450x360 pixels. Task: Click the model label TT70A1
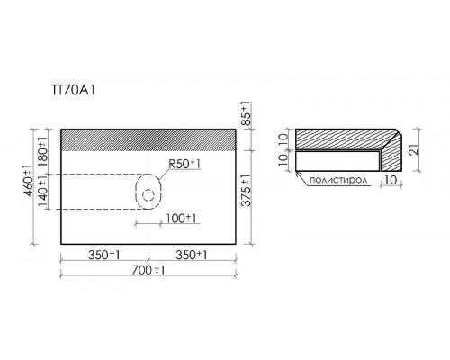[x=74, y=90]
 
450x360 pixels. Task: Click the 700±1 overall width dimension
[x=148, y=270]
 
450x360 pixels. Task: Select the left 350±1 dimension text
[x=104, y=256]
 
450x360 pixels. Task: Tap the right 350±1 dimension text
[x=192, y=256]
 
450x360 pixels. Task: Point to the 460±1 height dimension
[x=29, y=181]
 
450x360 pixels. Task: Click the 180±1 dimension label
[x=42, y=150]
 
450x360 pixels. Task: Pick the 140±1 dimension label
[x=42, y=192]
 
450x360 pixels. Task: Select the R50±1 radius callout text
[x=184, y=164]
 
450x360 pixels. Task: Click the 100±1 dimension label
[x=181, y=219]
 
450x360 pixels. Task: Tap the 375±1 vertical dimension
[x=247, y=190]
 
